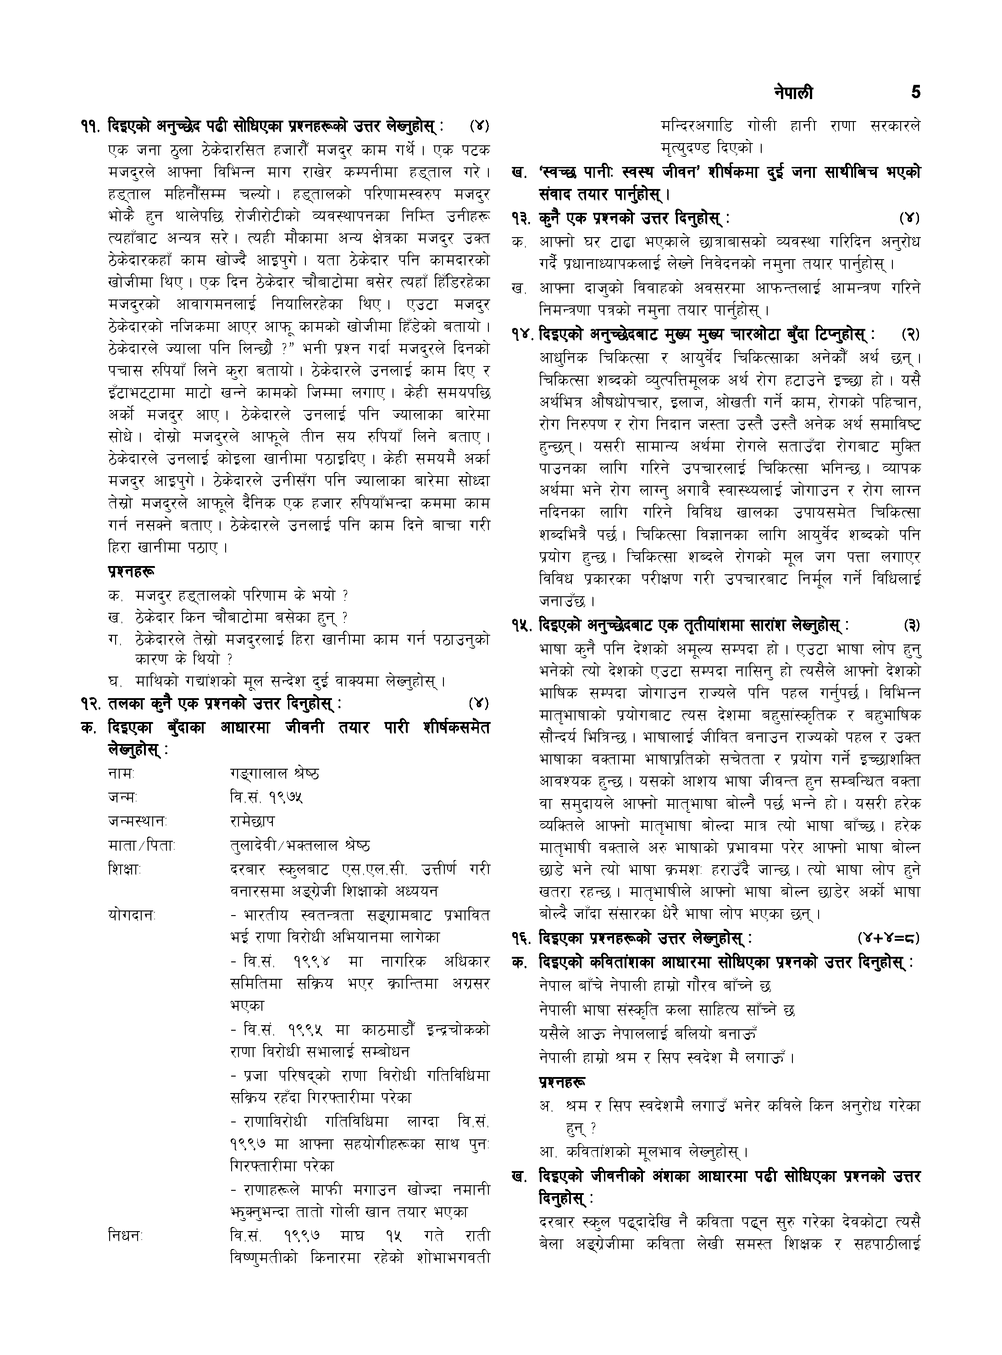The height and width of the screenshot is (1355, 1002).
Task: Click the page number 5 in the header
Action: point(915,93)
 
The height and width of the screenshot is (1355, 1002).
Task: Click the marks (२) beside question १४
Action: point(910,334)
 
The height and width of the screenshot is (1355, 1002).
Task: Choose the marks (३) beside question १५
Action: point(911,625)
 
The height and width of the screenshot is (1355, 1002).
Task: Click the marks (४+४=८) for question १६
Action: point(889,939)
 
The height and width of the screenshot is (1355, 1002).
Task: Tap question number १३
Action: point(523,218)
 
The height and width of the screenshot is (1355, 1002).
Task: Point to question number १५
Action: point(523,625)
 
